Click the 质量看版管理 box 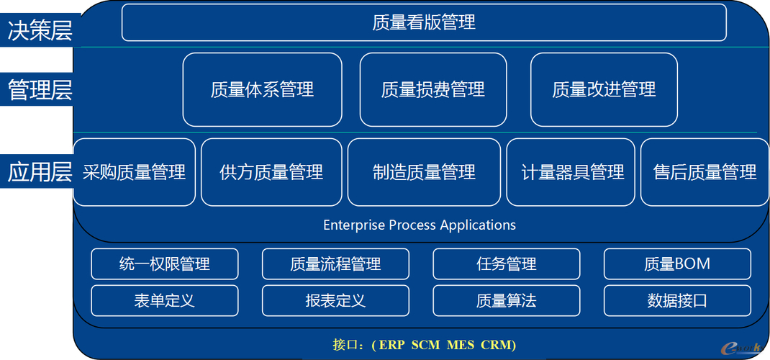click(x=424, y=22)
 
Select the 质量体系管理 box click(x=262, y=90)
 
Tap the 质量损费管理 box click(x=433, y=90)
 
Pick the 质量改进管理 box click(x=604, y=90)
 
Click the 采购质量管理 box click(x=135, y=172)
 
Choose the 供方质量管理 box click(x=271, y=172)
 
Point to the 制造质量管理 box click(x=425, y=172)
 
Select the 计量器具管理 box click(x=571, y=172)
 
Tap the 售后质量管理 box click(x=705, y=172)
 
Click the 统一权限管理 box click(x=165, y=264)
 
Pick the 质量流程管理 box click(x=335, y=264)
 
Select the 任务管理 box click(x=507, y=264)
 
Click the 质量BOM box click(x=677, y=264)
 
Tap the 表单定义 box click(x=165, y=300)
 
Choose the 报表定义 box click(x=335, y=300)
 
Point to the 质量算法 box click(x=507, y=300)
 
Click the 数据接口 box click(x=677, y=300)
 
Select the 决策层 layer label click(x=40, y=30)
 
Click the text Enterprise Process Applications click(x=420, y=225)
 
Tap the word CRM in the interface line click(x=497, y=345)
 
